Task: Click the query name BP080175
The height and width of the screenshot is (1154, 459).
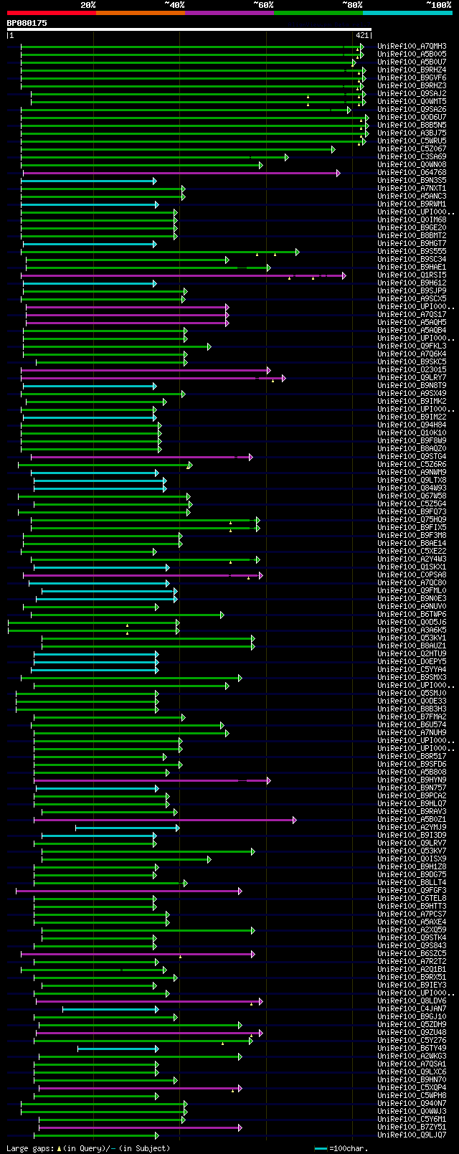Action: tap(27, 23)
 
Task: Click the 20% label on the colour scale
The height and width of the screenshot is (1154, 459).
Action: tap(87, 5)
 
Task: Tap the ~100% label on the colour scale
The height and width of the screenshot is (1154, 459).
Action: tap(438, 5)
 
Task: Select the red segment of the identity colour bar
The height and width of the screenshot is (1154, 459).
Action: tap(51, 13)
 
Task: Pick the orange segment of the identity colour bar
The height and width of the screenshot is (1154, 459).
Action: tap(140, 13)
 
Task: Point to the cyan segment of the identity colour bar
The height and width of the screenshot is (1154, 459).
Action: tap(407, 13)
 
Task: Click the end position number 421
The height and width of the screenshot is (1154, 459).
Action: tap(361, 35)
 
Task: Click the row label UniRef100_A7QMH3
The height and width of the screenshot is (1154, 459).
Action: tap(412, 47)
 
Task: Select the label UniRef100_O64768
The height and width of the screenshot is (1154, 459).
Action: tap(412, 173)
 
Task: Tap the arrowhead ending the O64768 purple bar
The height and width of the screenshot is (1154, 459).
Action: tap(338, 173)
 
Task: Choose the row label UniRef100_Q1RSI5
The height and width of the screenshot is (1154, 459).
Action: tap(412, 275)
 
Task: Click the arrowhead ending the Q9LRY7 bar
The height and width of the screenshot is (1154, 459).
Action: tap(283, 378)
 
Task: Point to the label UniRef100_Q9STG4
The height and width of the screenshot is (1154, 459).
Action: tap(412, 457)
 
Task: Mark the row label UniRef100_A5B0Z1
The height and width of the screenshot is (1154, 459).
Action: tap(412, 820)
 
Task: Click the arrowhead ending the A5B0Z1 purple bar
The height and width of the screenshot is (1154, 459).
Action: tap(293, 820)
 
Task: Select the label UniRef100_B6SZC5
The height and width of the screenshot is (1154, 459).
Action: tap(412, 954)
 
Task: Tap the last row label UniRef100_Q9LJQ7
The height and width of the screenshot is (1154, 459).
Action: tap(412, 1135)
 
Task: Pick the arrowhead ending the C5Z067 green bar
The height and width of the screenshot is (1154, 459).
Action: tap(333, 149)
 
